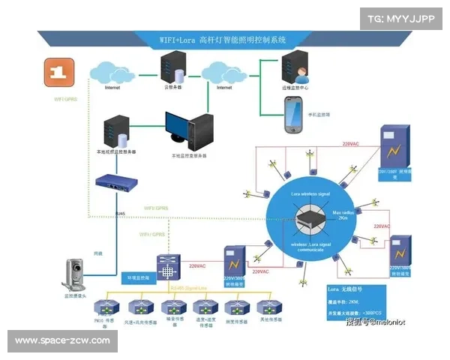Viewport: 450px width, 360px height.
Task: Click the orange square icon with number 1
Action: [x=55, y=73]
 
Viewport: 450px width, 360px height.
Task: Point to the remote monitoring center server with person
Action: [x=295, y=68]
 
